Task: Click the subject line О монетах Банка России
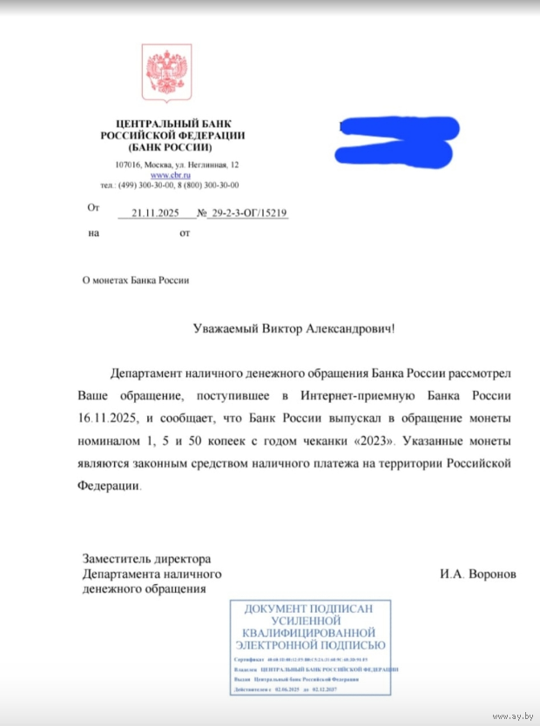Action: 134,280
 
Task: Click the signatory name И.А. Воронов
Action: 478,575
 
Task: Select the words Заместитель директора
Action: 146,558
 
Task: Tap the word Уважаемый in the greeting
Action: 228,329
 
